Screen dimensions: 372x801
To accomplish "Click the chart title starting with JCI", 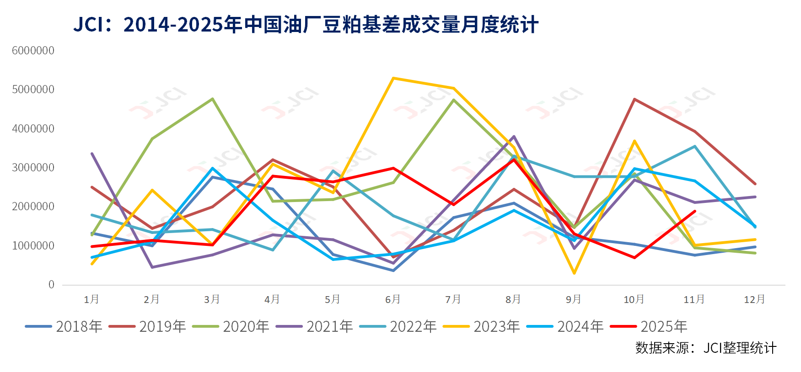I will coord(306,24).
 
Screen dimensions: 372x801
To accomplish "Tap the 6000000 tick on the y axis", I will coord(33,50).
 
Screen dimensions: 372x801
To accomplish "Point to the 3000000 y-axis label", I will coord(33,167).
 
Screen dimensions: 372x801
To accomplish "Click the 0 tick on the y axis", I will coord(51,285).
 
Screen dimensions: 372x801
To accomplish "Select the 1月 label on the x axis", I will coord(91,299).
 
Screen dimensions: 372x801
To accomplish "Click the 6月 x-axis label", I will coord(393,299).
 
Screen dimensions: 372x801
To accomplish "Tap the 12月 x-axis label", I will coord(754,299).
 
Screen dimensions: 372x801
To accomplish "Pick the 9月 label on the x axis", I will coord(574,299).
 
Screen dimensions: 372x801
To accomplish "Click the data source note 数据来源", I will coord(705,348).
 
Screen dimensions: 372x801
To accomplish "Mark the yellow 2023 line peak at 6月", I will coord(393,78).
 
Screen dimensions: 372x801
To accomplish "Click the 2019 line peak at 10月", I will coord(634,99).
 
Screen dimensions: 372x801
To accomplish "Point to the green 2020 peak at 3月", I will coord(212,99).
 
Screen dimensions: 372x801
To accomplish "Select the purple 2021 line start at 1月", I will coord(92,154).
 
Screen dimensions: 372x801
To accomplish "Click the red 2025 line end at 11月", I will coord(695,211).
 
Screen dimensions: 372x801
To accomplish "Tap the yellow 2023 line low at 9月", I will coord(574,273).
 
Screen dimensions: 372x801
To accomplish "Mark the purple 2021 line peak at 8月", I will coord(514,136).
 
